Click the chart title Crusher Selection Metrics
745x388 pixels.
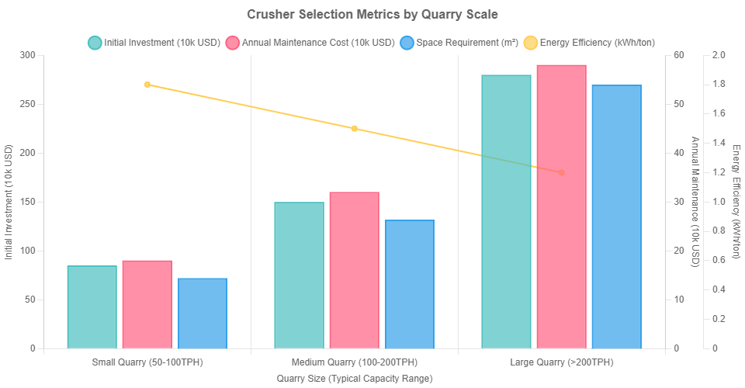pos(372,15)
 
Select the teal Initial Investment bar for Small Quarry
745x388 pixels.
pos(92,307)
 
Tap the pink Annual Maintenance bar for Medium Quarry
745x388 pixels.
pos(354,269)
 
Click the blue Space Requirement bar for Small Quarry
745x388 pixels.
pos(202,313)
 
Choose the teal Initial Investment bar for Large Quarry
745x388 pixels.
pos(506,211)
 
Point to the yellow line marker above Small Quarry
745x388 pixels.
pos(147,85)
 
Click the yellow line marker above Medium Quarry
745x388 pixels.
pos(354,129)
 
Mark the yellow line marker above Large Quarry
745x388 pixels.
pos(561,172)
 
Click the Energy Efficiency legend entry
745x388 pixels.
pos(591,42)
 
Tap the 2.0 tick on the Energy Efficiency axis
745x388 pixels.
pos(718,55)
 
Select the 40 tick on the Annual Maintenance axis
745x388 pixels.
pos(679,153)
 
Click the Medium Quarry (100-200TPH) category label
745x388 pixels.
pos(354,362)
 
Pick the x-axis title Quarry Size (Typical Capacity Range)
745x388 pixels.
pos(354,378)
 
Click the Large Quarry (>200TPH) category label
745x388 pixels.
pos(561,362)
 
